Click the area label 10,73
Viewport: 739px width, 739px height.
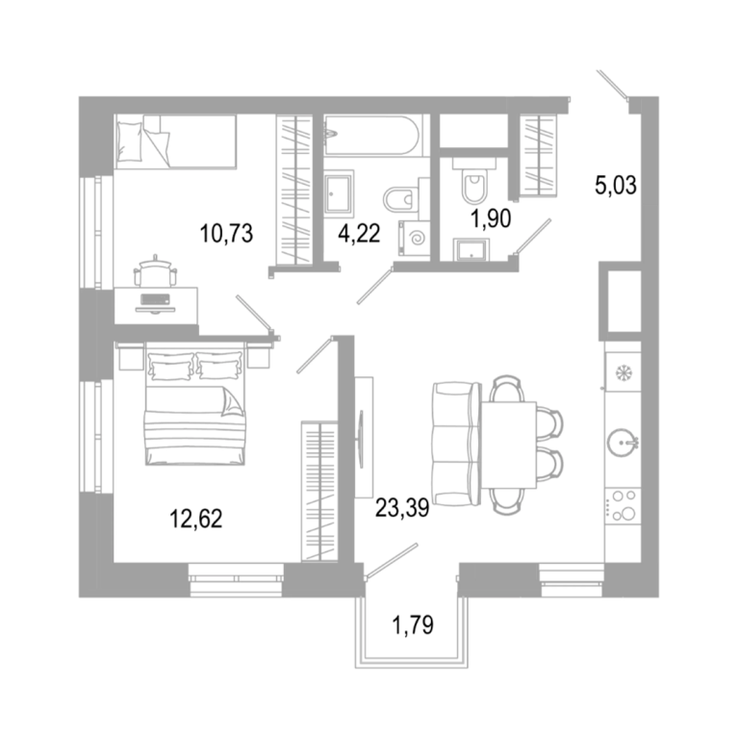226,233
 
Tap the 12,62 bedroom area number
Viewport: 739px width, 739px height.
195,519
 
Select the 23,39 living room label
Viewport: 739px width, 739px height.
402,508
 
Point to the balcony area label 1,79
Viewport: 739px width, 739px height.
413,625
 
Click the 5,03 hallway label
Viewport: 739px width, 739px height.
616,185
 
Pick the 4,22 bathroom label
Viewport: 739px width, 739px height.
359,233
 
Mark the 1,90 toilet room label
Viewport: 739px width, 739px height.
492,219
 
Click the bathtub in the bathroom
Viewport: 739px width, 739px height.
370,136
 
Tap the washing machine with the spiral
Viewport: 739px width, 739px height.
415,239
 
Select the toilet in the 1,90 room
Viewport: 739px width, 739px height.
474,182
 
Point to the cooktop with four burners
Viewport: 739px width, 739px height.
623,507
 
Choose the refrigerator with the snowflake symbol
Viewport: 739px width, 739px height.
623,371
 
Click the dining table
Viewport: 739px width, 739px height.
508,445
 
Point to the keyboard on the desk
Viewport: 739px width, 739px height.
155,299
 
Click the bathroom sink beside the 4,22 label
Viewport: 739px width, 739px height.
339,193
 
